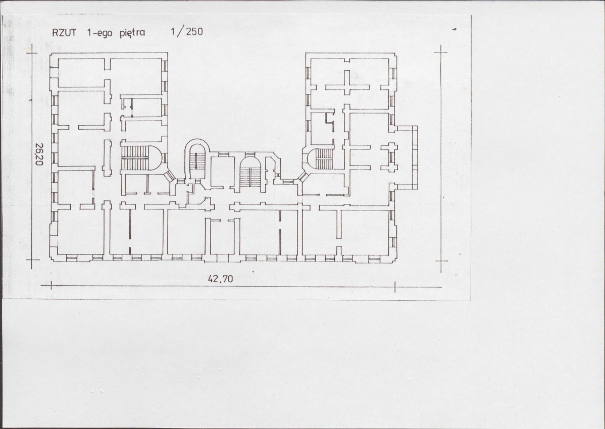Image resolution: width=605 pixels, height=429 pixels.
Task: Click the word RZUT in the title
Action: pos(64,33)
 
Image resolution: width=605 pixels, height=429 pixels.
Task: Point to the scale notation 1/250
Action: pos(187,32)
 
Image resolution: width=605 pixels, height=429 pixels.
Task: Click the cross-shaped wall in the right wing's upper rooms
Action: pos(347,86)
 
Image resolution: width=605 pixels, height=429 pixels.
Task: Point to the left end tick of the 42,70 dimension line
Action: pos(51,286)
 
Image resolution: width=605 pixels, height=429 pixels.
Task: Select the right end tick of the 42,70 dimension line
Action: pos(395,286)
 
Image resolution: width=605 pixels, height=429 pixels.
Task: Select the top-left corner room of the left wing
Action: pos(81,73)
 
